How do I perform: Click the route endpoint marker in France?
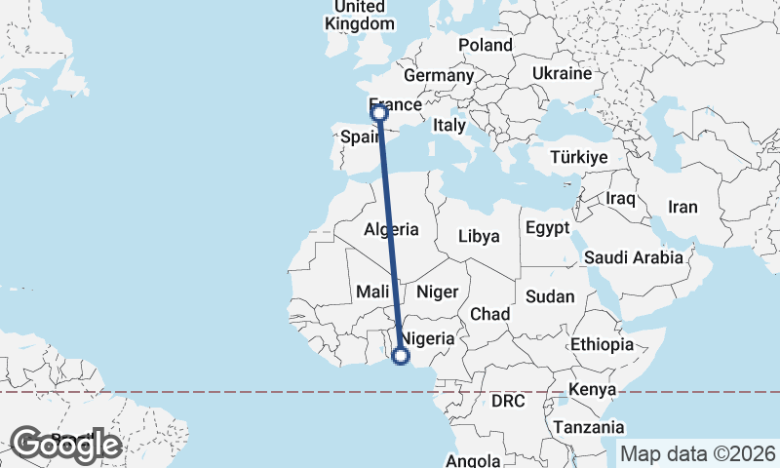[x=380, y=113]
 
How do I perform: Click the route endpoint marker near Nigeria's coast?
[x=400, y=356]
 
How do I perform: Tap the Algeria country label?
[x=391, y=230]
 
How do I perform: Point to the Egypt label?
[x=546, y=227]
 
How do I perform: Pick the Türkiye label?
[x=578, y=156]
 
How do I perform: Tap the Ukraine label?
[x=563, y=73]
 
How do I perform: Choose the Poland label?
[x=485, y=45]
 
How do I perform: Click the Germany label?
[x=438, y=75]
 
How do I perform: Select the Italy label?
[x=449, y=125]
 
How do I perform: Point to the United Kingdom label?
[x=361, y=15]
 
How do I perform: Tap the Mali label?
[x=373, y=291]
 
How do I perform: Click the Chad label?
[x=489, y=314]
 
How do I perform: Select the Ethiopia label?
[x=603, y=344]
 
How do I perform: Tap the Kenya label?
[x=594, y=389]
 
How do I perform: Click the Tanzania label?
[x=588, y=427]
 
